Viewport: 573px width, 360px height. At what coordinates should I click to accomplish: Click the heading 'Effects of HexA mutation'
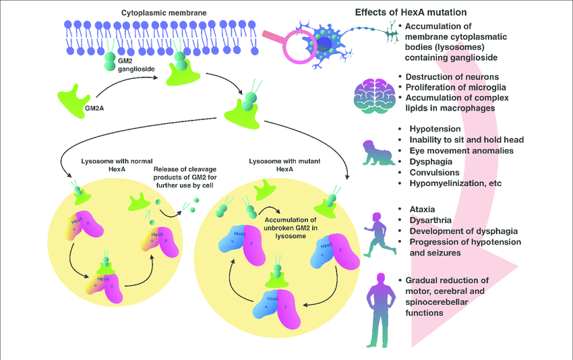pyautogui.click(x=412, y=12)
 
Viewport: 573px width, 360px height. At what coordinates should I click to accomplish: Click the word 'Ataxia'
pyautogui.click(x=423, y=208)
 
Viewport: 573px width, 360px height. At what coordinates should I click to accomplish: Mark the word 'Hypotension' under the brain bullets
pyautogui.click(x=435, y=129)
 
